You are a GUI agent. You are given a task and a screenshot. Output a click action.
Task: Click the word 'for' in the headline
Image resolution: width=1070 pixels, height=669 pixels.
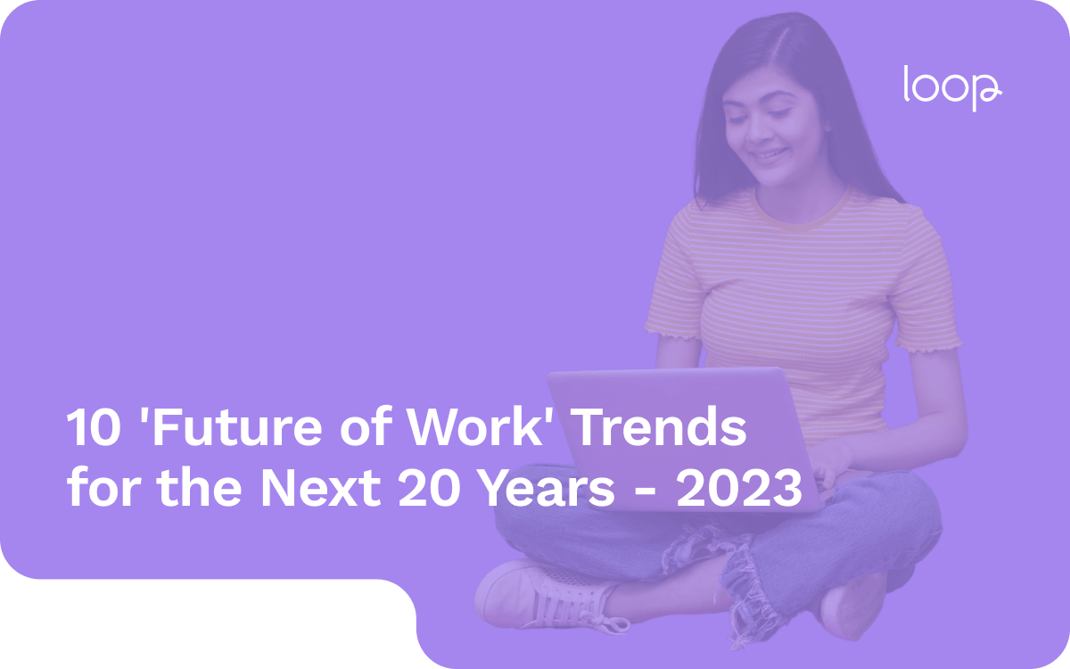[x=95, y=491]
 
